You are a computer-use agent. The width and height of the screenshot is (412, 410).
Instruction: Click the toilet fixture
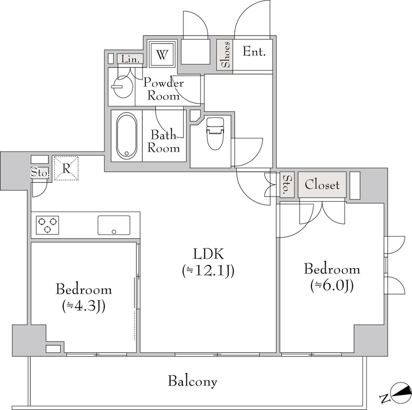point(215,133)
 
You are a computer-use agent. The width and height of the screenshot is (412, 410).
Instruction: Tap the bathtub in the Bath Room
point(127,136)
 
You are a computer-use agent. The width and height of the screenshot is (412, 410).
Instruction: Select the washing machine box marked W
point(162,55)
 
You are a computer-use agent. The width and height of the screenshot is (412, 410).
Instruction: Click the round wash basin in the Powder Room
point(123,87)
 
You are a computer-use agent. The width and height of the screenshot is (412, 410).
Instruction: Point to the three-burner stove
point(47,225)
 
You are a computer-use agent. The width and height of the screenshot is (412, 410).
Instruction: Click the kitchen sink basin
point(114,225)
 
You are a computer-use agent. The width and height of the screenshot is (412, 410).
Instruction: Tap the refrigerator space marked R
point(66,168)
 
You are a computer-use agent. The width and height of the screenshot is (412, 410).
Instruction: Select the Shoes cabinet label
point(226,55)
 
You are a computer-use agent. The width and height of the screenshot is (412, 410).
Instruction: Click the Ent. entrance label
point(254,51)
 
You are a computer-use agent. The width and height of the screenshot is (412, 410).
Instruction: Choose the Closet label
point(322,185)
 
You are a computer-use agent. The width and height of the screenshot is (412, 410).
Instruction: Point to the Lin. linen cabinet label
point(130,59)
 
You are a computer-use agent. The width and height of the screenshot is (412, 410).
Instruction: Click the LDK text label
point(208,254)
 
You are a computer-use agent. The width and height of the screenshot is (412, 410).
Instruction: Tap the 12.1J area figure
point(208,271)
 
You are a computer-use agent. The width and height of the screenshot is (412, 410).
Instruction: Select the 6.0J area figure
point(332,286)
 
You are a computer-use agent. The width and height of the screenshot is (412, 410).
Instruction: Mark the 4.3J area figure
point(84,306)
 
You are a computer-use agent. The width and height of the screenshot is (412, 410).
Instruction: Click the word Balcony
point(193,381)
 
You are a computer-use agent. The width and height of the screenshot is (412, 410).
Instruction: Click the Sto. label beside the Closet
point(288,185)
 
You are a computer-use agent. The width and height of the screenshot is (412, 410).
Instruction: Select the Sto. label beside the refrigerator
point(40,173)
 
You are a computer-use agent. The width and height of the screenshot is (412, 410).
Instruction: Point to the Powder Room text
point(163,89)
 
